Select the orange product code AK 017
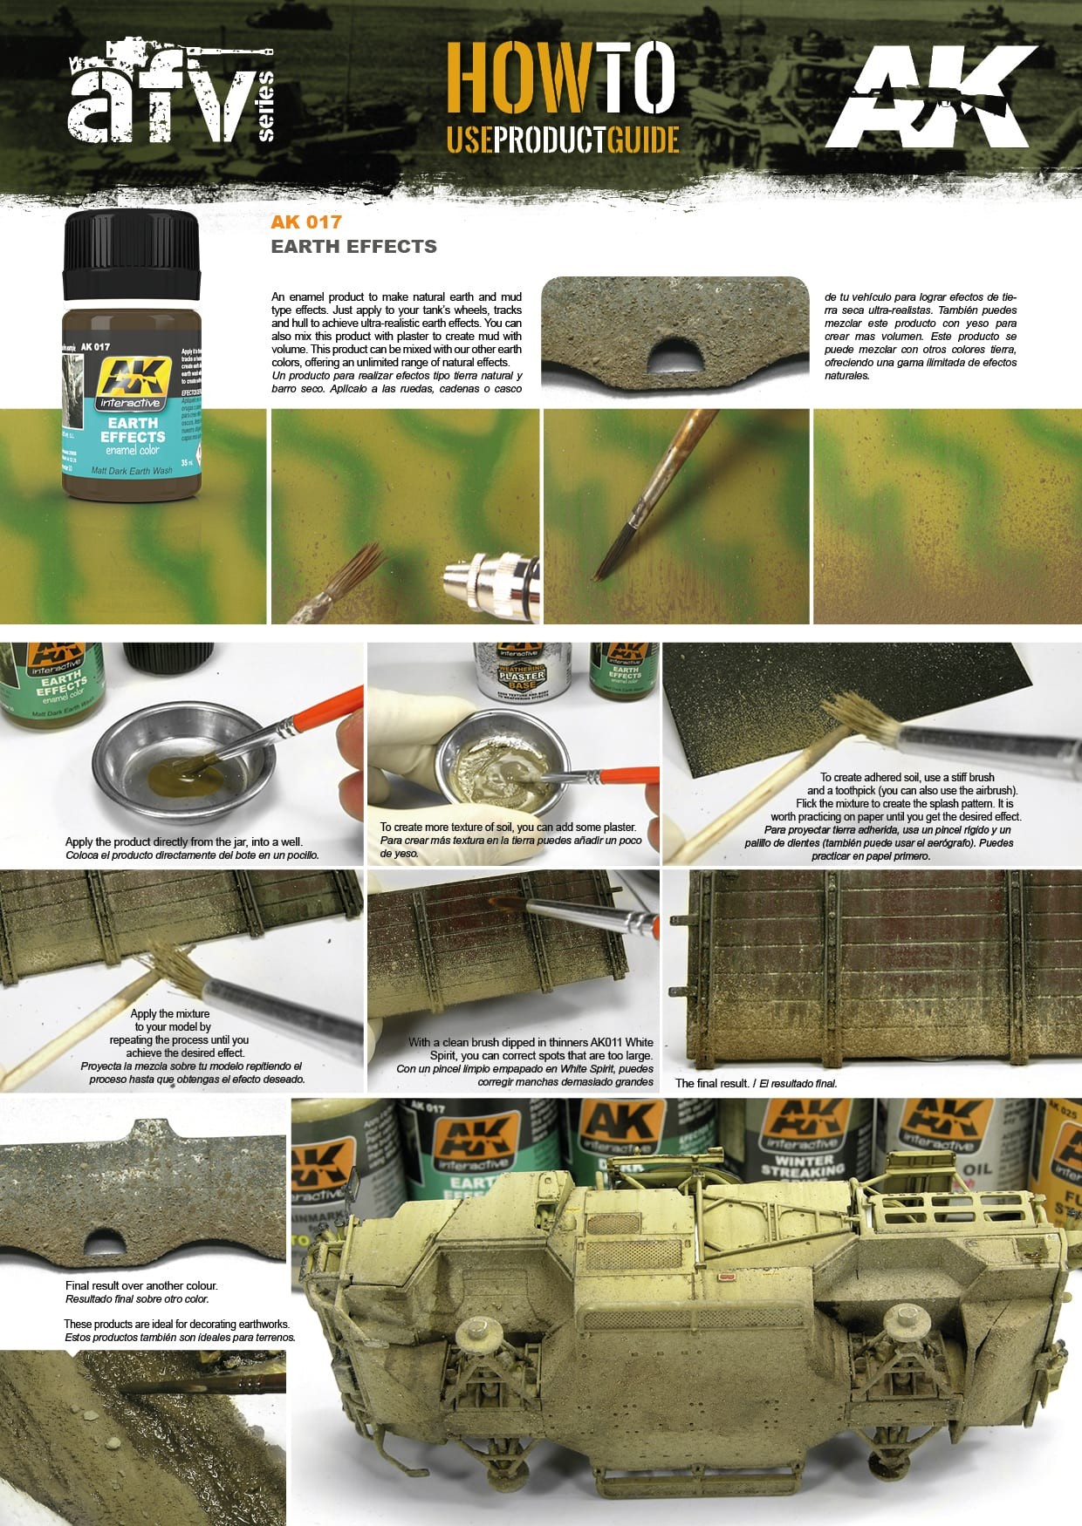pyautogui.click(x=305, y=222)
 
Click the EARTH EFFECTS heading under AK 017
pyautogui.click(x=353, y=247)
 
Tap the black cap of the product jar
pyautogui.click(x=132, y=253)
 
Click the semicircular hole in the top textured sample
pyautogui.click(x=675, y=352)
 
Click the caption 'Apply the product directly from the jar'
pyautogui.click(x=183, y=842)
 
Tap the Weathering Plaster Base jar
pyautogui.click(x=522, y=671)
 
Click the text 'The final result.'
pyautogui.click(x=712, y=1083)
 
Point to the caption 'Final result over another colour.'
pyautogui.click(x=141, y=1285)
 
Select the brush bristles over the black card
pyautogui.click(x=859, y=715)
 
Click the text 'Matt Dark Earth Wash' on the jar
pyautogui.click(x=132, y=470)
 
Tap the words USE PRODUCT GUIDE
pyautogui.click(x=562, y=140)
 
